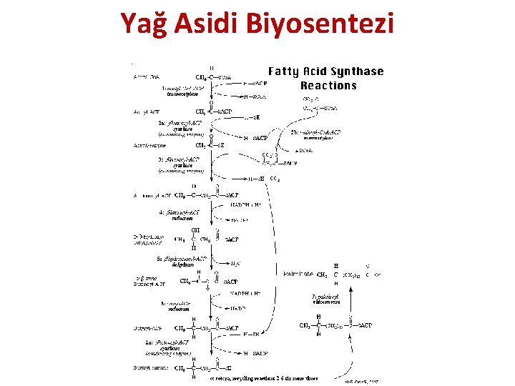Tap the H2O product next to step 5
click(x=236, y=263)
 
